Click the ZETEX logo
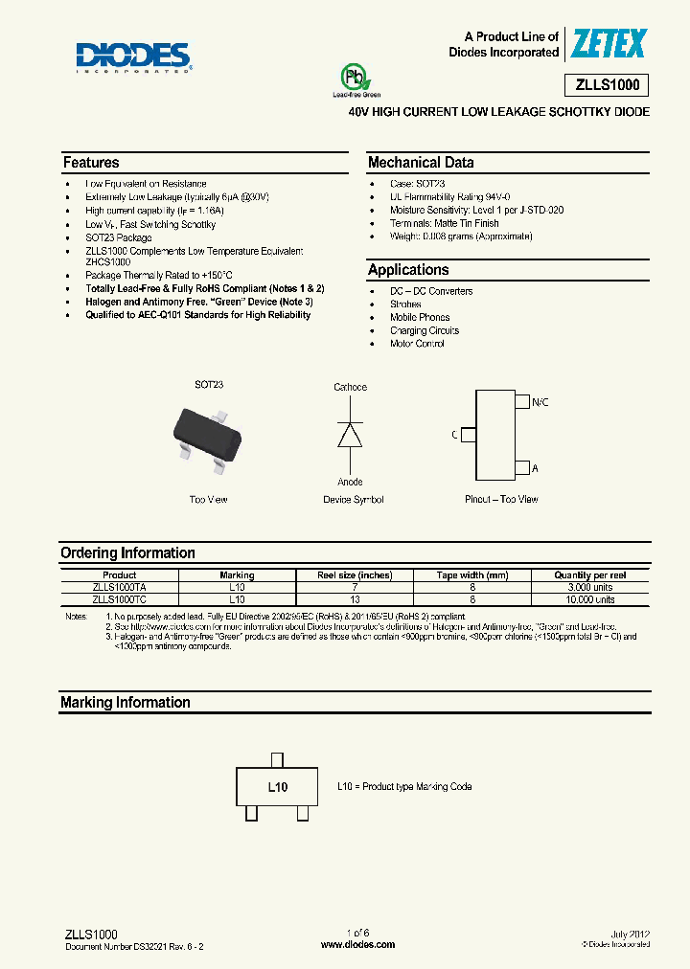coord(609,43)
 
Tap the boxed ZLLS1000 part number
coord(609,85)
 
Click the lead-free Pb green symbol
coord(356,78)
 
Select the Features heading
coord(91,163)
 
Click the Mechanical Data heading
coord(421,163)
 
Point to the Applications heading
coord(408,270)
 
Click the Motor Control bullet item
coord(417,344)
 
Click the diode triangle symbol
coord(350,435)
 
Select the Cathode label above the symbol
coord(350,387)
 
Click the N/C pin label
coord(540,403)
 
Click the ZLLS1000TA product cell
coord(120,587)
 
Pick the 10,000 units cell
coord(589,598)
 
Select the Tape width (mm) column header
coord(472,575)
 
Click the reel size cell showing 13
coord(356,598)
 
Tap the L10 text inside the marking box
coord(277,787)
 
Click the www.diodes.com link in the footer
coord(356,944)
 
